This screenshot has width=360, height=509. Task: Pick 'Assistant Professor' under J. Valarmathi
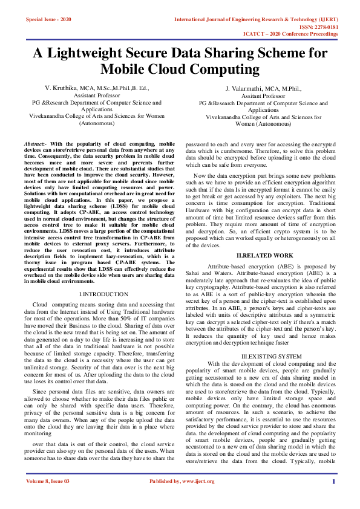pyautogui.click(x=263, y=96)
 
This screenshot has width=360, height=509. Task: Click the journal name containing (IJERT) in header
pyautogui.click(x=256, y=19)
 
